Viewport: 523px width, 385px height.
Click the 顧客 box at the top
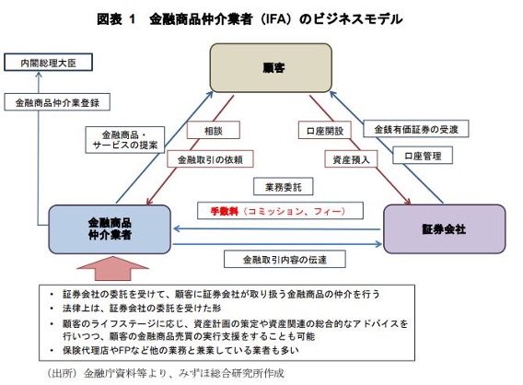point(271,68)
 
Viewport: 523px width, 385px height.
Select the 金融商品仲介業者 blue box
point(110,229)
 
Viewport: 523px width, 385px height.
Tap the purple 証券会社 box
point(445,229)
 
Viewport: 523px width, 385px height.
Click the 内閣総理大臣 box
point(49,62)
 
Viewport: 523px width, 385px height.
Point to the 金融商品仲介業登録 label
point(57,102)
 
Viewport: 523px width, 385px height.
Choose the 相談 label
point(213,130)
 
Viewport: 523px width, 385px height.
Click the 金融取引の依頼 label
point(210,159)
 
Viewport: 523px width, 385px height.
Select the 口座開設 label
point(324,131)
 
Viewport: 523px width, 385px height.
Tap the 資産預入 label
point(351,159)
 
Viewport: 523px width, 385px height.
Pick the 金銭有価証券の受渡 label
point(416,129)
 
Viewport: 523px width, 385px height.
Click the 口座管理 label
point(423,155)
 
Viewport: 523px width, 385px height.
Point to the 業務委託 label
point(284,186)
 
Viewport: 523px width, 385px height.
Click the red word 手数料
point(224,211)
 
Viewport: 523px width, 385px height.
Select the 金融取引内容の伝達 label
point(285,259)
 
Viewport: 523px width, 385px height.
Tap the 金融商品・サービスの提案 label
point(124,140)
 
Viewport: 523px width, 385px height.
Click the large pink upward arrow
point(112,268)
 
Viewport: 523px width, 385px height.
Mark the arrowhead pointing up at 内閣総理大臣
point(39,75)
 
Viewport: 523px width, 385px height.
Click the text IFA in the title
point(273,18)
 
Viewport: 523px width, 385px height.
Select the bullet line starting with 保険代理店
point(180,350)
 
